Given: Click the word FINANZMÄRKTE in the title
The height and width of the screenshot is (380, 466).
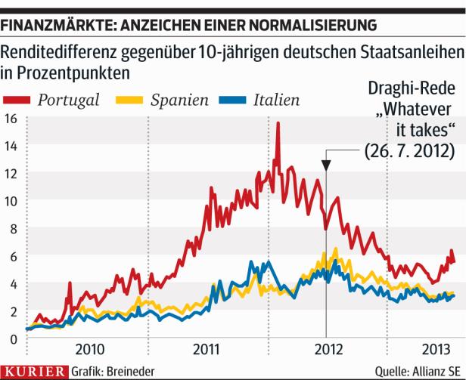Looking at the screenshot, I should (51, 25).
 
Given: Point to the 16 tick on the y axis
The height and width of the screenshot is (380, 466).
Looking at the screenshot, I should (11, 119).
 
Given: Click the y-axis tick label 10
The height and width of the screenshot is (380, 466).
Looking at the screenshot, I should (11, 202).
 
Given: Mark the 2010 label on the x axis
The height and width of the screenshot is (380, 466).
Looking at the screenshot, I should (89, 350).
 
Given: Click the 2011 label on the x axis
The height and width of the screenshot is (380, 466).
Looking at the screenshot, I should (207, 350).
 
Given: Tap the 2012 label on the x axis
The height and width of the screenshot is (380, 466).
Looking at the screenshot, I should (326, 350).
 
